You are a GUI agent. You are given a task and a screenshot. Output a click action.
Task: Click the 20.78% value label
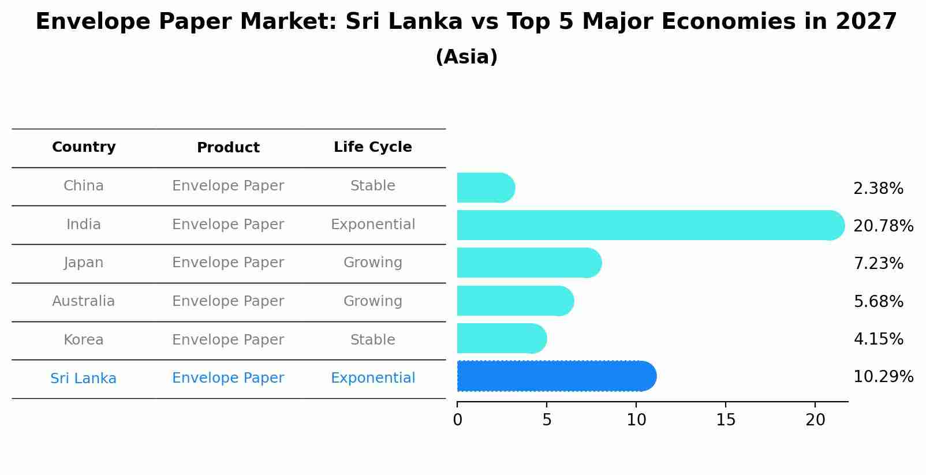(883, 226)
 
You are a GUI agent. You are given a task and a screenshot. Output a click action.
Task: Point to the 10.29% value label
(883, 377)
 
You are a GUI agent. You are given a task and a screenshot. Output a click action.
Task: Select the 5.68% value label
(878, 301)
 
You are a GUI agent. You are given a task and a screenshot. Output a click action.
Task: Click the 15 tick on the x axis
(726, 420)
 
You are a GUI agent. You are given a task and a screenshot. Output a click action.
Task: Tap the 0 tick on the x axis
(458, 420)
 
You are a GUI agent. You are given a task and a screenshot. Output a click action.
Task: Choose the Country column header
(84, 147)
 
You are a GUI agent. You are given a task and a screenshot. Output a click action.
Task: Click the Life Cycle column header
(372, 147)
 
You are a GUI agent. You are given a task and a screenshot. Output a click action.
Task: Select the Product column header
(228, 148)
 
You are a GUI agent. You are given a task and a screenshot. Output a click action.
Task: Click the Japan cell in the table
(84, 263)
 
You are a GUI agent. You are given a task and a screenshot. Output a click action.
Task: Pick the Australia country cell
(84, 301)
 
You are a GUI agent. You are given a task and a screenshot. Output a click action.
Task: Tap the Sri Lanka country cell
(84, 379)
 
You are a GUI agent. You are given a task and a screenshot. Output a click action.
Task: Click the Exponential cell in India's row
(372, 225)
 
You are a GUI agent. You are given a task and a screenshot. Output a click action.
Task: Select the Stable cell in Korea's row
(372, 340)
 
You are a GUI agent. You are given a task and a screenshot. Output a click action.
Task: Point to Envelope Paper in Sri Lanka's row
(228, 378)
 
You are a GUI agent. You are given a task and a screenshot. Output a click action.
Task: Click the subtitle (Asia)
(466, 57)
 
